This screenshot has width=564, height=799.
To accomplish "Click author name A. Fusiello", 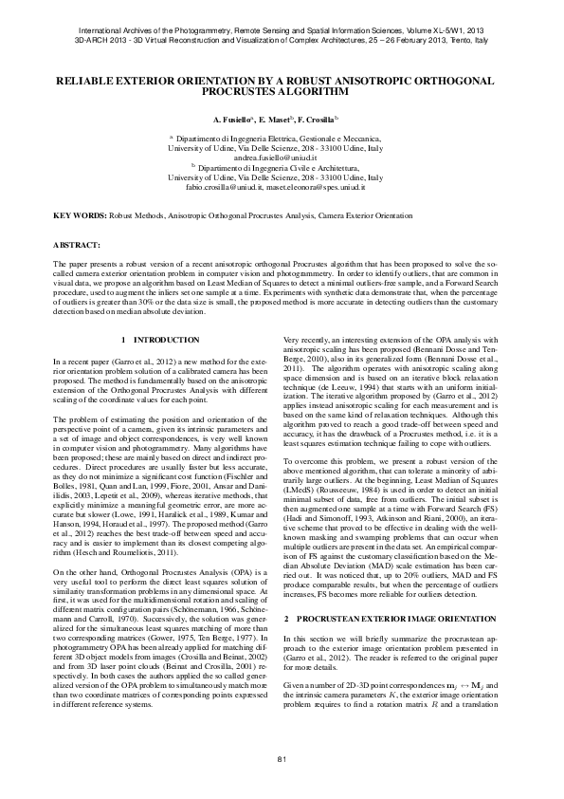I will [231, 121].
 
